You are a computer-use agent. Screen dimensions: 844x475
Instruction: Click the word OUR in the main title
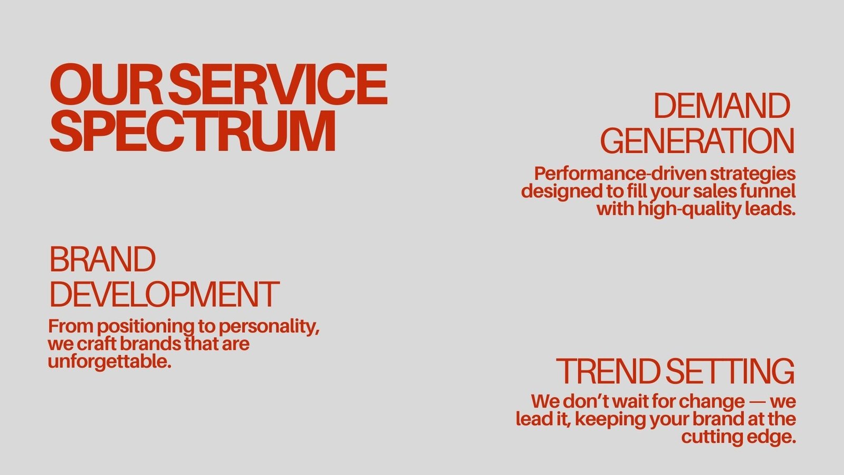[106, 84]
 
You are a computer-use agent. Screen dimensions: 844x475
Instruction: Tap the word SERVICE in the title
[278, 84]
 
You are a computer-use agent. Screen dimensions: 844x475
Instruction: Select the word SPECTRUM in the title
[193, 131]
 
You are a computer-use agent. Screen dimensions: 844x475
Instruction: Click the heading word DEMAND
[722, 106]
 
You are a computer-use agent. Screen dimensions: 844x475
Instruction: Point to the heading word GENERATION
[697, 140]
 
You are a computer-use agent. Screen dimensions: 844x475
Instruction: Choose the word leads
[770, 208]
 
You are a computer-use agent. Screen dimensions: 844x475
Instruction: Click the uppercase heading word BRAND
[102, 259]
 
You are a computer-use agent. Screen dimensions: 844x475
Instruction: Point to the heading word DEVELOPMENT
[165, 294]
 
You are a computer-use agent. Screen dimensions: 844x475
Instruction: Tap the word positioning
[146, 327]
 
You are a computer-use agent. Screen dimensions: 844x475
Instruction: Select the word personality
[269, 327]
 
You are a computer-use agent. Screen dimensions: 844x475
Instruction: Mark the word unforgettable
[110, 362]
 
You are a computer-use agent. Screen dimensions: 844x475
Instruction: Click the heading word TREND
[608, 372]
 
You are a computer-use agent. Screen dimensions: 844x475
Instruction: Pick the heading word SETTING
[730, 372]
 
